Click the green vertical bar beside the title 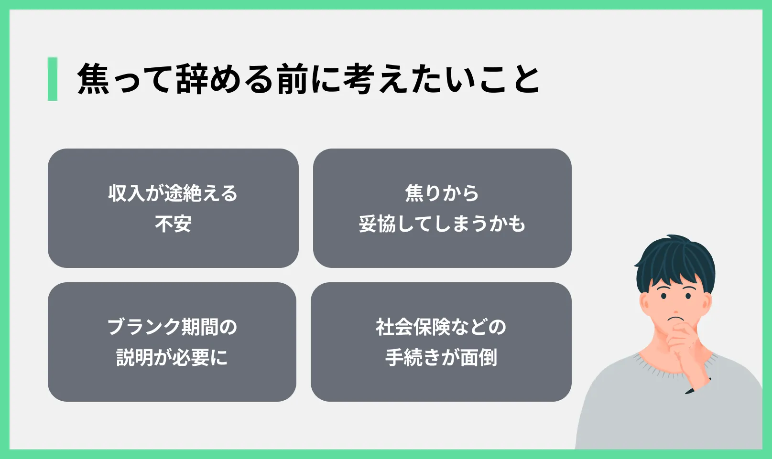coord(53,79)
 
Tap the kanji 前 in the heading coord(293,79)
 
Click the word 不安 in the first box coord(173,224)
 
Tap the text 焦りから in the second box coord(442,193)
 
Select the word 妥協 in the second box coord(377,224)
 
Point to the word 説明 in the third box coord(135,357)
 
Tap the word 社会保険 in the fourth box coord(413,326)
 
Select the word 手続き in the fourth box coord(413,357)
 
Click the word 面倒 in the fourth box coord(478,357)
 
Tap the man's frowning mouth coord(675,318)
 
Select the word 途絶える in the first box coord(201,193)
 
